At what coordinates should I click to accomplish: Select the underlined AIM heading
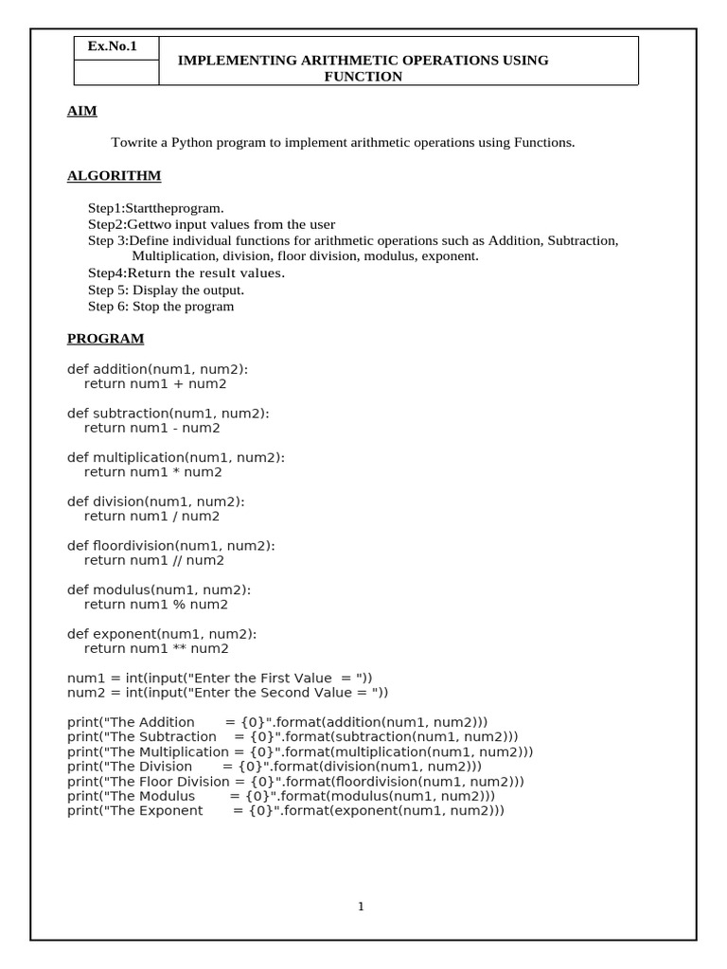click(82, 111)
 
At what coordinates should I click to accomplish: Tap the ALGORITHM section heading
click(114, 176)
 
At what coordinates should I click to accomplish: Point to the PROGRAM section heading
click(105, 338)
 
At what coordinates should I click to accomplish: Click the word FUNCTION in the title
click(363, 77)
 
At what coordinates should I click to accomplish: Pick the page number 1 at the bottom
click(361, 907)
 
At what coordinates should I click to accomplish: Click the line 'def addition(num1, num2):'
click(164, 369)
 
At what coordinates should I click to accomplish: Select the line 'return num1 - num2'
click(151, 428)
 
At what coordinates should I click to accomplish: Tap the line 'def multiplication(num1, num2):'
click(175, 457)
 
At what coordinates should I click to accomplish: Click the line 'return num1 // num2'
click(154, 560)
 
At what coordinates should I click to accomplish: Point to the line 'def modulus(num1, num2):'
click(159, 590)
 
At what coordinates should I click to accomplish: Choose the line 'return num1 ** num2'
click(156, 648)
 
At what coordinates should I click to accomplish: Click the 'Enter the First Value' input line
click(220, 678)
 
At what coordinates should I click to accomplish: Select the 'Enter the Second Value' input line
click(227, 693)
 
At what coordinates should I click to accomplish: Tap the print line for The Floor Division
click(295, 782)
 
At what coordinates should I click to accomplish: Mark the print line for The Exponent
click(286, 811)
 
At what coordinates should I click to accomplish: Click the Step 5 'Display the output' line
click(166, 290)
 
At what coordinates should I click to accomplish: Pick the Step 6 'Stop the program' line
click(161, 307)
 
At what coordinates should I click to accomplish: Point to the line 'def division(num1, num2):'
click(156, 502)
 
